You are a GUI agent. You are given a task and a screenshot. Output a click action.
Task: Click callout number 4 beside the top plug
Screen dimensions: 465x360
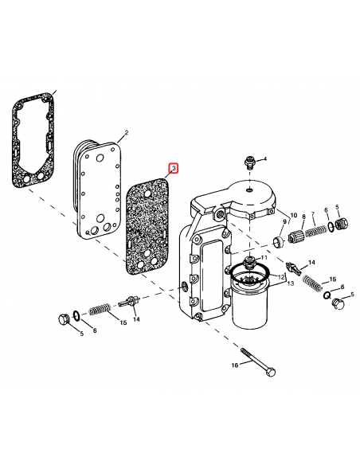265,160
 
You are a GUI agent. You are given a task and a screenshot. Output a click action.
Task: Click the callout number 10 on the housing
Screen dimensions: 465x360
293,215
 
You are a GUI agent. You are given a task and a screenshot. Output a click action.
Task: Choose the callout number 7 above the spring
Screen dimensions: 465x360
313,214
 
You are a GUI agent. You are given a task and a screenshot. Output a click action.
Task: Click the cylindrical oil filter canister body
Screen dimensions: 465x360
254,309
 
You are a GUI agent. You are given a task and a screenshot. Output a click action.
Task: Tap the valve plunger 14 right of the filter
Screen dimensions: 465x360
292,266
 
